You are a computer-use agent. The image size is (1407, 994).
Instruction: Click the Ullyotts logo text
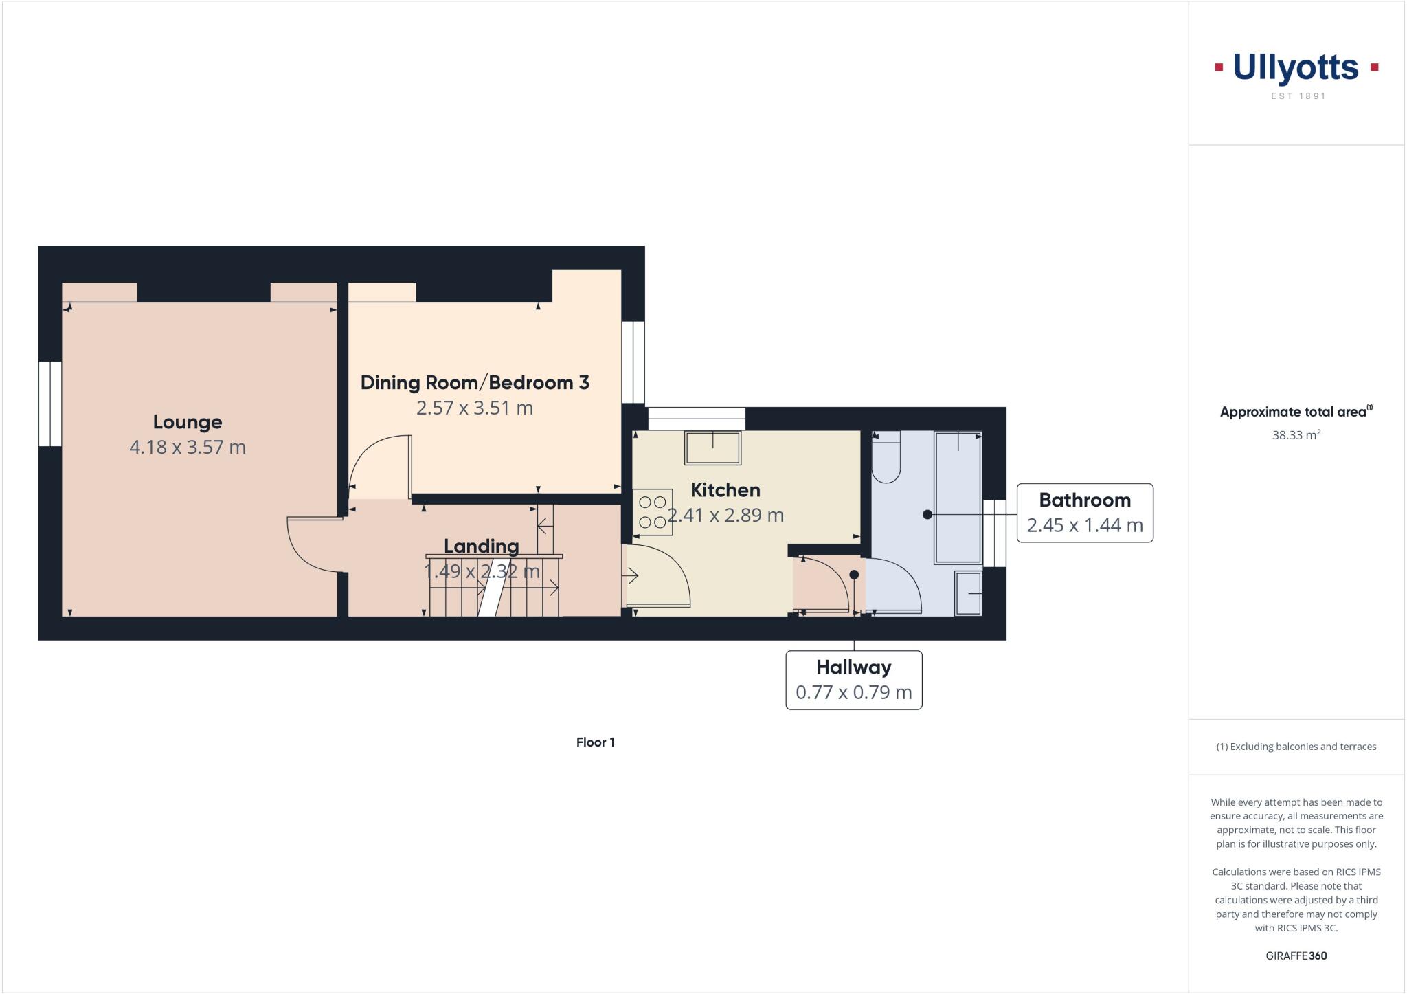1296,69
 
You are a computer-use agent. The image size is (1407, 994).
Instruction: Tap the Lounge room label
187,421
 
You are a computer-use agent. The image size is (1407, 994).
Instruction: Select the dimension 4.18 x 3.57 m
187,447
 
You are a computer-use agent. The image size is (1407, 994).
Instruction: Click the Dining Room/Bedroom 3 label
475,382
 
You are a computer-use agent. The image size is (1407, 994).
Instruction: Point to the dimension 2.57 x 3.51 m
475,408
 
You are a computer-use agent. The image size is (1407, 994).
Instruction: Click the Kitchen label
725,489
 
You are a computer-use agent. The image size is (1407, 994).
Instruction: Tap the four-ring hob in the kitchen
653,512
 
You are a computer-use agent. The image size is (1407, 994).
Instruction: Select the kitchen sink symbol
712,448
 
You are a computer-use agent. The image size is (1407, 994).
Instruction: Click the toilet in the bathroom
886,459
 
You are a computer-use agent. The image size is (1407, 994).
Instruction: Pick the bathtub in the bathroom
958,498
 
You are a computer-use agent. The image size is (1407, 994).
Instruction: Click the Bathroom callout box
1084,513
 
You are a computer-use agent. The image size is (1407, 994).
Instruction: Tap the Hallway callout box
853,679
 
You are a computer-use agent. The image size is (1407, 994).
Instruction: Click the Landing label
481,546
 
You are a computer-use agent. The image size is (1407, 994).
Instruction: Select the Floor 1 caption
595,742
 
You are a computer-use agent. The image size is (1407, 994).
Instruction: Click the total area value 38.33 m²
1296,434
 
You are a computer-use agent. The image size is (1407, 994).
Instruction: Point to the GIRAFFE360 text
1296,956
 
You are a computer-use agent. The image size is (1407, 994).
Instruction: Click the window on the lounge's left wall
50,404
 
